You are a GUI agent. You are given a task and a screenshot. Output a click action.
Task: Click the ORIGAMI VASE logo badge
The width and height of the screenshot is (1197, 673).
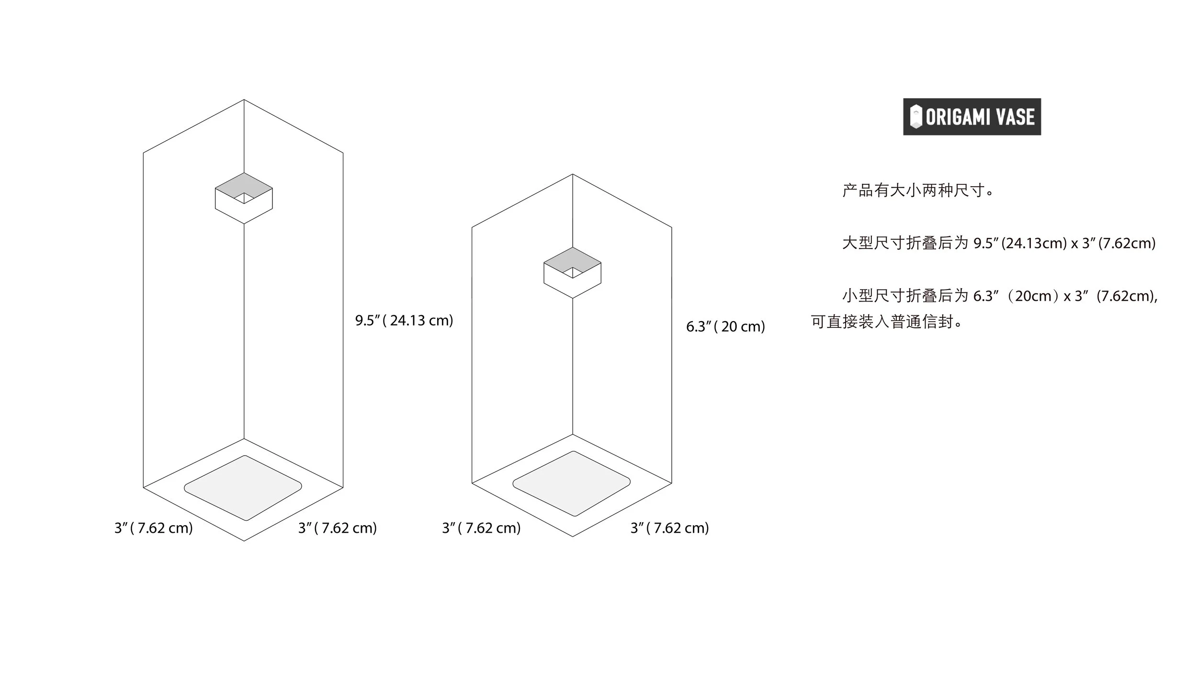[x=971, y=117]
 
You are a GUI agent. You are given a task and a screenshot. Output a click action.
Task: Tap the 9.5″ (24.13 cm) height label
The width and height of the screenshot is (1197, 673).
[x=404, y=320]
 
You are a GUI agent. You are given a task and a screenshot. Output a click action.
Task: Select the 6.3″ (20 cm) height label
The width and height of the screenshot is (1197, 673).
[x=725, y=326]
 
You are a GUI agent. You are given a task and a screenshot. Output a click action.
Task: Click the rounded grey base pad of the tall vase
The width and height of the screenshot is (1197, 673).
[x=243, y=487]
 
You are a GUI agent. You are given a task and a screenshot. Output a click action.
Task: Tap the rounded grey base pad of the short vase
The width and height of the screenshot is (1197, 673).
[x=571, y=483]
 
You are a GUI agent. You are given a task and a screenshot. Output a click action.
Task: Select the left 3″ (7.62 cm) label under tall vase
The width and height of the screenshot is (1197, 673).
[x=153, y=528]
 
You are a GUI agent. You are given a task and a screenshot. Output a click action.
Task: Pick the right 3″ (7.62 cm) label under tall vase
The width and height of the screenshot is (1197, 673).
[x=337, y=528]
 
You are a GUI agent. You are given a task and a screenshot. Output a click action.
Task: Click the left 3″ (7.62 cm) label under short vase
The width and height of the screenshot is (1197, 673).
[x=481, y=528]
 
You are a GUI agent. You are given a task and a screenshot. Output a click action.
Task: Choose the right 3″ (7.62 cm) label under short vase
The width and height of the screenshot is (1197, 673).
[x=669, y=528]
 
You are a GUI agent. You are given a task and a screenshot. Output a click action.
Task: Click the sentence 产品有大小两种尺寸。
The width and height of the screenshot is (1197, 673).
[x=918, y=191]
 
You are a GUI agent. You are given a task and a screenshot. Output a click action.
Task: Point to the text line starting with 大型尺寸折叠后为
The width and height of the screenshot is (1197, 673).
[x=998, y=243]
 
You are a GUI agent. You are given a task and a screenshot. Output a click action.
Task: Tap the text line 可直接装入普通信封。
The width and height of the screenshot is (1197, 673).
[x=886, y=322]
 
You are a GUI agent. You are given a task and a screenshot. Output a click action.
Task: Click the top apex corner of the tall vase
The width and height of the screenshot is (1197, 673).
[x=244, y=100]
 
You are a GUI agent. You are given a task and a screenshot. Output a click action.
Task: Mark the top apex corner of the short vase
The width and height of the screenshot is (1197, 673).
[x=573, y=174]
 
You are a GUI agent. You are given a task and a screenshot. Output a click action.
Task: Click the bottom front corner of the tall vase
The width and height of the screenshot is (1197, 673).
[x=244, y=541]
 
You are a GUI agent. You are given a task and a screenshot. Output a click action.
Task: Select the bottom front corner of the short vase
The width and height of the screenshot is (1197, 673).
[x=573, y=536]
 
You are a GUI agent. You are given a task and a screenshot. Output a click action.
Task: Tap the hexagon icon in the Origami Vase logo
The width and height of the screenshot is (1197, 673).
[x=915, y=117]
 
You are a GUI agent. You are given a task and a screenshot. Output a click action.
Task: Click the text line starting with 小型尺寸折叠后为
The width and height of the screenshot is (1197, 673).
[x=999, y=296]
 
